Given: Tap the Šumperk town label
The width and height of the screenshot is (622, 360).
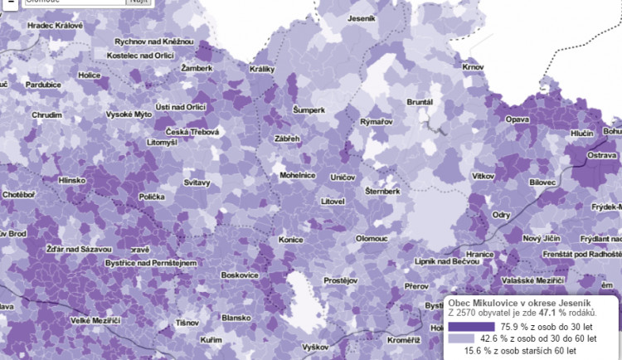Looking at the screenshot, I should coord(309,109).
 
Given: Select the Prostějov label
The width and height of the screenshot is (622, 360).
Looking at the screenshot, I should coord(339,281).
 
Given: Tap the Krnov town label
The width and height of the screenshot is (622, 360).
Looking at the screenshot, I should coord(473,66).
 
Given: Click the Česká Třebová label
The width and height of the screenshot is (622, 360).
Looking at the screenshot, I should coord(192,132).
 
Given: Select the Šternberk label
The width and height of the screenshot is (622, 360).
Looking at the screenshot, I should coord(383,191).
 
